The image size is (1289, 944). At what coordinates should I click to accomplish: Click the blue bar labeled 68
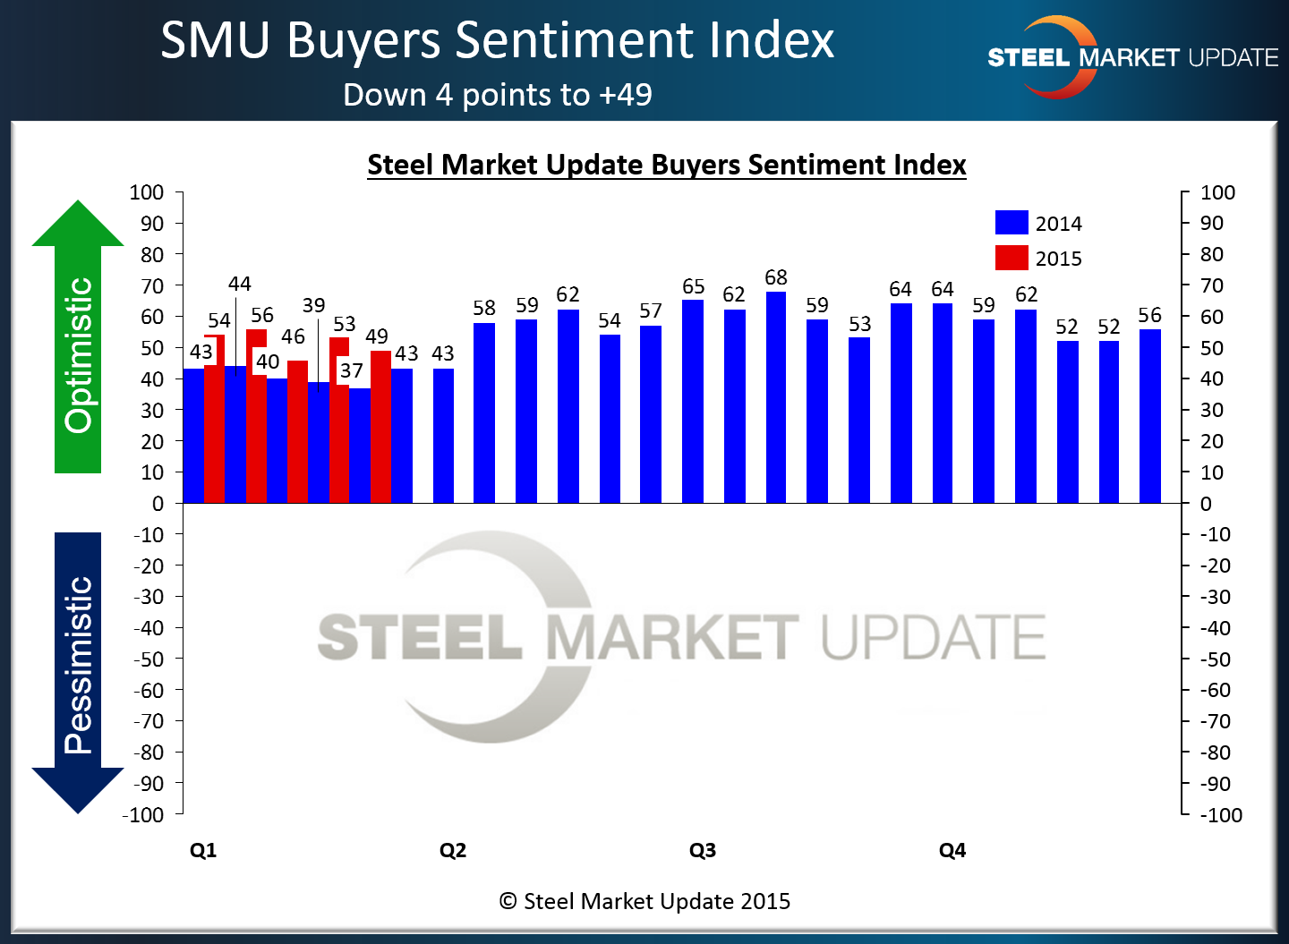coord(776,397)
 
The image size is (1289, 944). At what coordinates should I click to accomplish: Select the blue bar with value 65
coord(693,402)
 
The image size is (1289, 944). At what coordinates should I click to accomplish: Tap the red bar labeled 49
coord(381,427)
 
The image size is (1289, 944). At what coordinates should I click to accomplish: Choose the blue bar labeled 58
coord(484,412)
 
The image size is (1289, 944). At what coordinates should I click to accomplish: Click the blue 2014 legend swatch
coord(1012,223)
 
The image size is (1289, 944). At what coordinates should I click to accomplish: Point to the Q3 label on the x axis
coord(703,850)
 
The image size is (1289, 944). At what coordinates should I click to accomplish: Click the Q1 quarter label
coord(203,850)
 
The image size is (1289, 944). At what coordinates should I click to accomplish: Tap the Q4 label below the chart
coord(952,850)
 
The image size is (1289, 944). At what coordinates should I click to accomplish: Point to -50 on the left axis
coord(149,659)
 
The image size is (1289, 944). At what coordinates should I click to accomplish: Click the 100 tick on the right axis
coord(1217,192)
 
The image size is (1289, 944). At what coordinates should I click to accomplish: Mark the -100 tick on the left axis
coord(144,814)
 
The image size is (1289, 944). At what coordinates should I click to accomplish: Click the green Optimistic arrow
coord(78,340)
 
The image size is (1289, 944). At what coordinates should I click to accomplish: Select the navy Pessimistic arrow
coord(78,671)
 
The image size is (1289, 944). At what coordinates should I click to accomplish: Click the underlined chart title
coord(667,165)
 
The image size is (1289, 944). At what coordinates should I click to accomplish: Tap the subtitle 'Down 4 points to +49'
coord(498,95)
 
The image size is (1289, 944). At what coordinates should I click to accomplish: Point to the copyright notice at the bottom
coord(644,901)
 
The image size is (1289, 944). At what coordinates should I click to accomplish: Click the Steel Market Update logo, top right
coord(1132,57)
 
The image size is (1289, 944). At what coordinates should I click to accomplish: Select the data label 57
coord(651,310)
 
